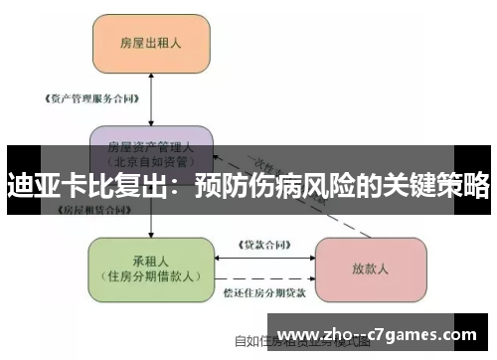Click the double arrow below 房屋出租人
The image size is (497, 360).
click(x=150, y=99)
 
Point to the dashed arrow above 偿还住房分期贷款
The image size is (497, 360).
click(x=263, y=279)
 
